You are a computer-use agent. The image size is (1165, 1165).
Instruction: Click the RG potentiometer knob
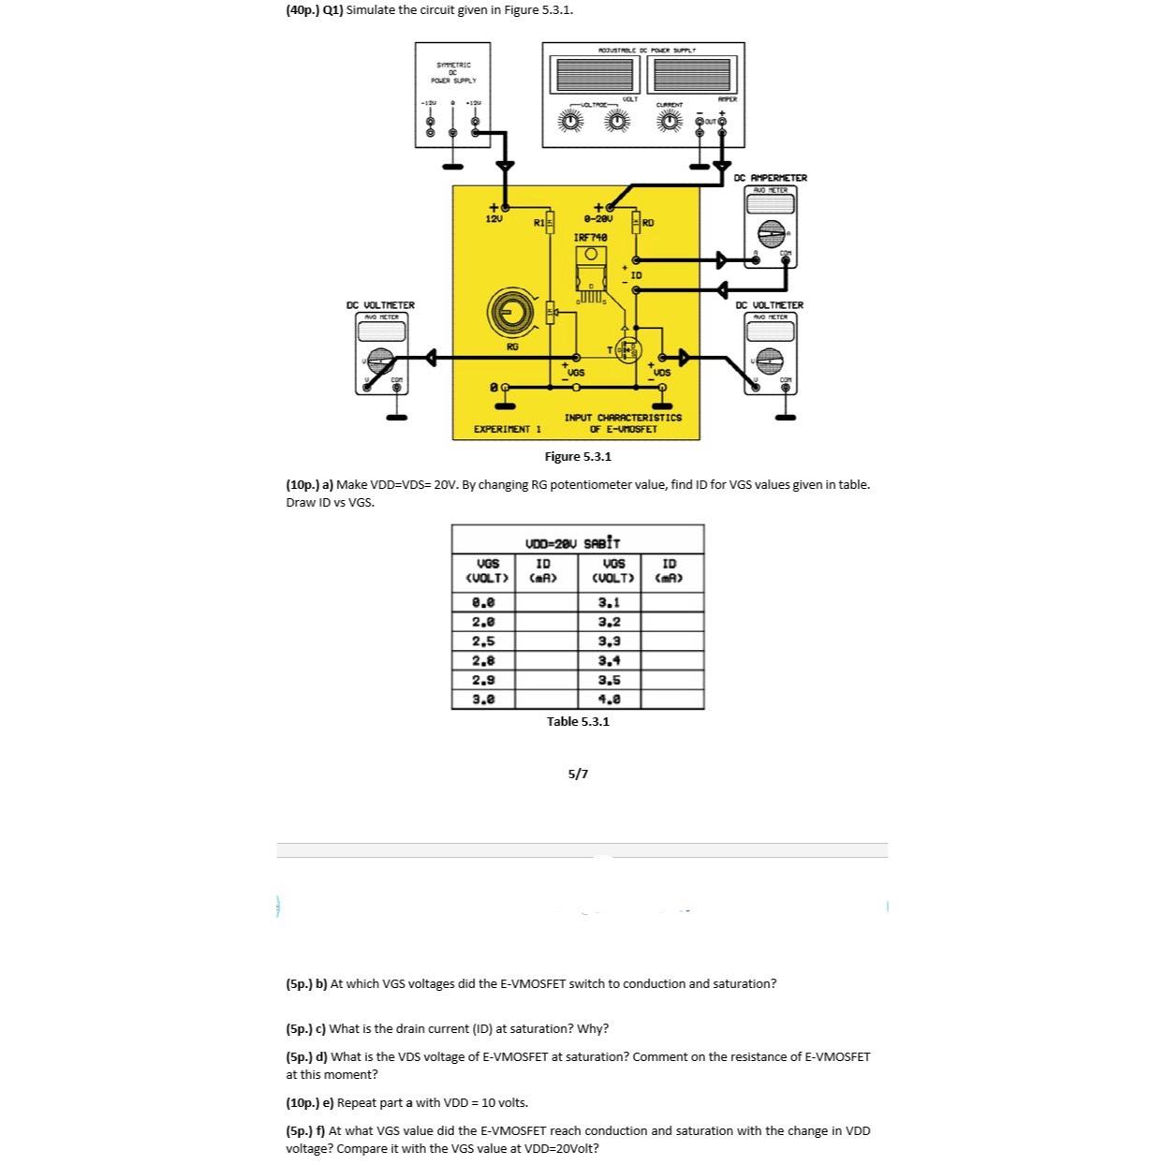pyautogui.click(x=511, y=312)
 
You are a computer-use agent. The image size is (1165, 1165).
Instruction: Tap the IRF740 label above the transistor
pyautogui.click(x=590, y=238)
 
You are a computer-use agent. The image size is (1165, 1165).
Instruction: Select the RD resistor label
pyautogui.click(x=648, y=223)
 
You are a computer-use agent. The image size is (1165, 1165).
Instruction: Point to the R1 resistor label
pyautogui.click(x=538, y=223)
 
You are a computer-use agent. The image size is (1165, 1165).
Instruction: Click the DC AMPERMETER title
pyautogui.click(x=770, y=178)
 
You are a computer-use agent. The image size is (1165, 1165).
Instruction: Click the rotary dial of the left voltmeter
pyautogui.click(x=380, y=359)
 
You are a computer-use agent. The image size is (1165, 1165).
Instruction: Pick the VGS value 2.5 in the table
pyautogui.click(x=484, y=641)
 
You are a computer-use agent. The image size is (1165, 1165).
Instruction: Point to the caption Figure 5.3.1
pyautogui.click(x=578, y=456)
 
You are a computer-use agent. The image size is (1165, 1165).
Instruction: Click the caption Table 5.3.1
pyautogui.click(x=578, y=721)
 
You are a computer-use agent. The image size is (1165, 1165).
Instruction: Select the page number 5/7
pyautogui.click(x=579, y=774)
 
